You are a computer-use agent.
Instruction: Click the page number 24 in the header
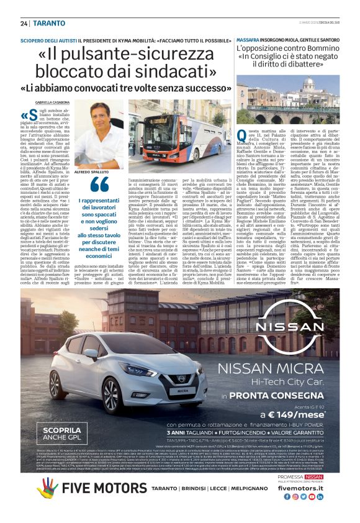click(24, 23)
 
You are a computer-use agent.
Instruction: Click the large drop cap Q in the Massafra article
click(243, 135)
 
